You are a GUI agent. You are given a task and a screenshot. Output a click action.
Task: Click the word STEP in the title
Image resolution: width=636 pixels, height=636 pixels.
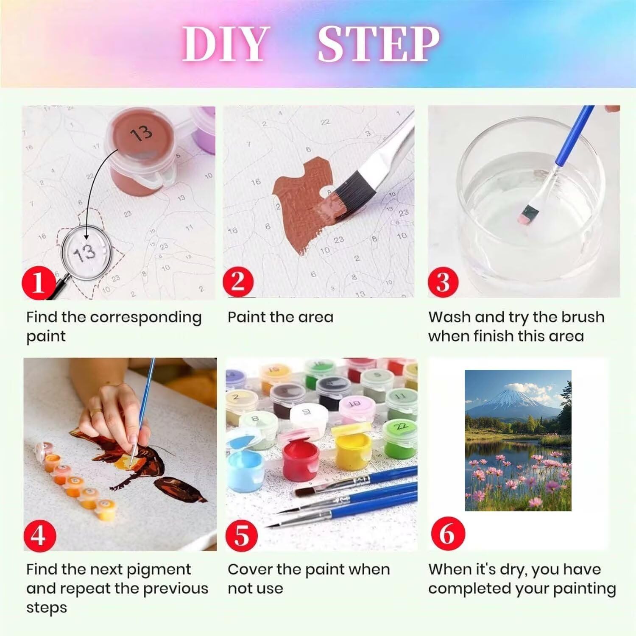(x=378, y=44)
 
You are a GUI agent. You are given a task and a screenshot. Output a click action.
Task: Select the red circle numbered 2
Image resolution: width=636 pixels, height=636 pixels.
(x=238, y=281)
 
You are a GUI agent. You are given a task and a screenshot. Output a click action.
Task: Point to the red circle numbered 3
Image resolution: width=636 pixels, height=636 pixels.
(x=443, y=281)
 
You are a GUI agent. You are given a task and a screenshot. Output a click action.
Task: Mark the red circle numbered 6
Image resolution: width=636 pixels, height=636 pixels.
(x=446, y=534)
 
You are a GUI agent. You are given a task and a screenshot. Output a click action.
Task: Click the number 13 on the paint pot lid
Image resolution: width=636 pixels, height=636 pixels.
(x=141, y=133)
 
